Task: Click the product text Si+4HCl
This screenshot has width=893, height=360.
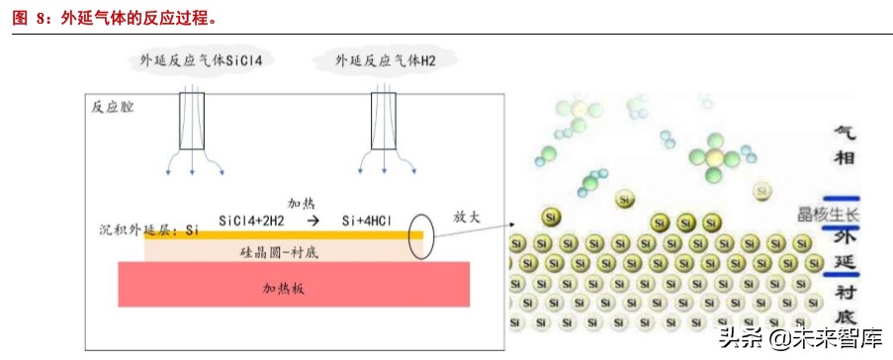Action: [370, 221]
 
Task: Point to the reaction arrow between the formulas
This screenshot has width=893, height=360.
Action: [313, 221]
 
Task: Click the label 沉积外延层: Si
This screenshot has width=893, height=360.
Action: [149, 230]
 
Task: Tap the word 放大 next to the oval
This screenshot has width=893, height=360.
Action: [466, 216]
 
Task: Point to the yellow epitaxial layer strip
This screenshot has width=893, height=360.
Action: [287, 235]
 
